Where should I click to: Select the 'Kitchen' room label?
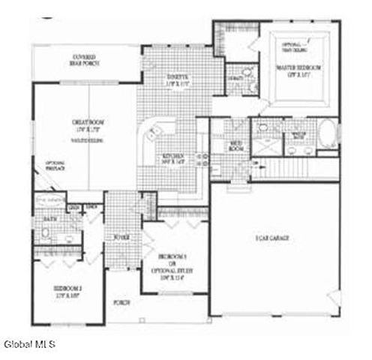pos(174,157)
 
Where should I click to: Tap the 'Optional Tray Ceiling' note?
pos(293,49)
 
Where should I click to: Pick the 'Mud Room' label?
pos(235,146)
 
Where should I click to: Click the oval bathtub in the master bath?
pos(328,135)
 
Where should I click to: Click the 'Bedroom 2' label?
pos(68,289)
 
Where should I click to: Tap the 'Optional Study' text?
pos(172,265)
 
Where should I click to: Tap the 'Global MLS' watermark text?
pos(28,344)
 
